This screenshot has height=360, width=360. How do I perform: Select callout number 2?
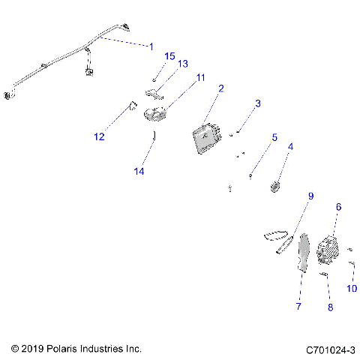point(221,88)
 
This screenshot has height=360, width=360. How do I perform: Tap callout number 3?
point(257,103)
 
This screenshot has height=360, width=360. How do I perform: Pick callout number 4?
point(291,147)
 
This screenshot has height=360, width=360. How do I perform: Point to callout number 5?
point(274,138)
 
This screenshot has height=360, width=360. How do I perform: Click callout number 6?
point(338,207)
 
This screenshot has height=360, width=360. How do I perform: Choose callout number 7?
point(298,307)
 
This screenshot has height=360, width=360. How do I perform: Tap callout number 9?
point(309,196)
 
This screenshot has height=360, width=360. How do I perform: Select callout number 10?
point(352,289)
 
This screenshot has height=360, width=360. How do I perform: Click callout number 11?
point(200,77)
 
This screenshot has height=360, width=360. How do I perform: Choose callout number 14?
point(138,171)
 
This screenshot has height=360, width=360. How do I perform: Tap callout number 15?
point(169,57)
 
